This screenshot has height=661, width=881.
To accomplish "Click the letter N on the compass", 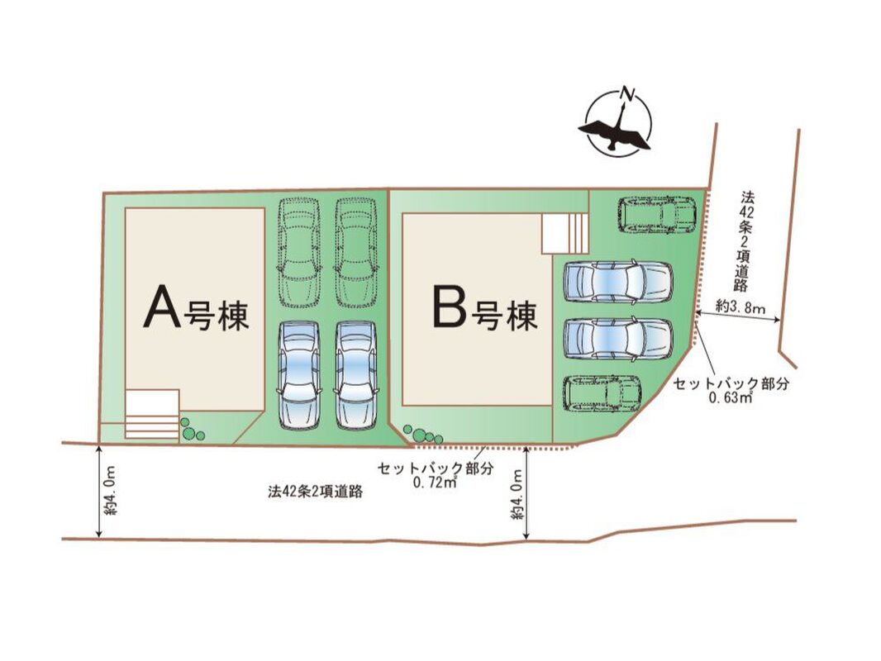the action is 628,93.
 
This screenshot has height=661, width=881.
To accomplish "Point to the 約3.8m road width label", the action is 741,307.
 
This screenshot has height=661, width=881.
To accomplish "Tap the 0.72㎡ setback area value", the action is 435,483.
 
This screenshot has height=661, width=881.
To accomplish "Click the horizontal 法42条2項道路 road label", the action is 315,492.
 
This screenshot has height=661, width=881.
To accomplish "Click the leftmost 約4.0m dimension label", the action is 110,490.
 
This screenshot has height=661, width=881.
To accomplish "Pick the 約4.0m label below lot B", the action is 517,493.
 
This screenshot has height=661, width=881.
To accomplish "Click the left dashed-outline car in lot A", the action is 299,252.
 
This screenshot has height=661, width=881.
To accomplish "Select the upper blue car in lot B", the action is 618,281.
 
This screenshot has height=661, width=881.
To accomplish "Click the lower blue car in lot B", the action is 618,339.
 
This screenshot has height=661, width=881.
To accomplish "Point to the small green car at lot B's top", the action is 657,215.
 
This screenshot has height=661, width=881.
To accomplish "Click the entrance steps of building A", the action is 152,413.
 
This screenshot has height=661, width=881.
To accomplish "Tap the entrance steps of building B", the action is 564,233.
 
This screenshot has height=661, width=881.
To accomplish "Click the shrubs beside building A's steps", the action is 192,429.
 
